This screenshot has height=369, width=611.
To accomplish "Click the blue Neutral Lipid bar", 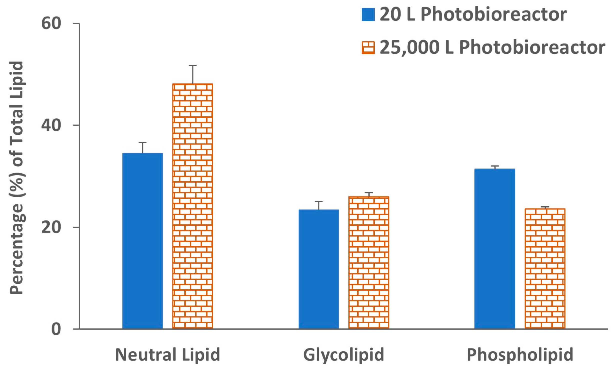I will point(142,240).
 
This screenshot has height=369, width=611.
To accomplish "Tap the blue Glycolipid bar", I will point(318,269).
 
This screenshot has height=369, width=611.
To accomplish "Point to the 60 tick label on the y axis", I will point(51,24).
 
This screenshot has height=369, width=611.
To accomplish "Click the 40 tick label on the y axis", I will point(51,125).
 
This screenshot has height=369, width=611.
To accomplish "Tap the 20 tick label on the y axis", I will point(51,227).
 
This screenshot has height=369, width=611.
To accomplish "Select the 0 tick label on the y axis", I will point(56,329).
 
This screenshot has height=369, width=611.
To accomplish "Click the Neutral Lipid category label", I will point(167,354).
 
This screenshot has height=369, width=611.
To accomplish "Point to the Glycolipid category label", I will point(344,354).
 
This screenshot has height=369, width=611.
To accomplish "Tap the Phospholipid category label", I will point(520,354).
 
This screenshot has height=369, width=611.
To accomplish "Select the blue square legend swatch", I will point(368,15).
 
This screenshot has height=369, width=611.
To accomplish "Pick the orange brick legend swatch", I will point(368,48).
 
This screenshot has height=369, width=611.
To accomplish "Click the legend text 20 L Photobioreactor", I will point(473,15).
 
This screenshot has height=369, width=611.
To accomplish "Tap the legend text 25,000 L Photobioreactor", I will point(492,48).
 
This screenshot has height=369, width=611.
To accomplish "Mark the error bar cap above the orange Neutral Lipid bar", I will point(193,65).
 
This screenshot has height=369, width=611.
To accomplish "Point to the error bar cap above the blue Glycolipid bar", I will point(319,201).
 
